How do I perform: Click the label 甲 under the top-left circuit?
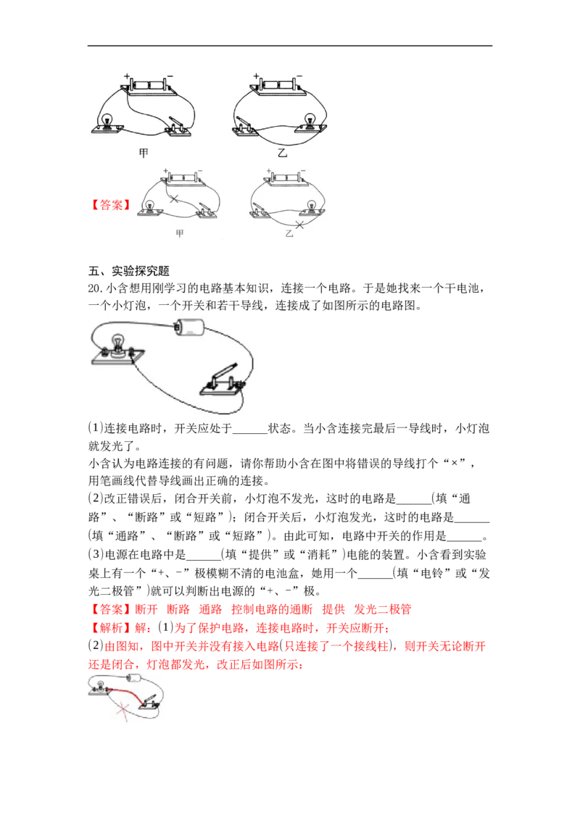[x=144, y=153]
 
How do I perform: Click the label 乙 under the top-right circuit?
[x=283, y=153]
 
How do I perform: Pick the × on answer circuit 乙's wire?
[x=299, y=225]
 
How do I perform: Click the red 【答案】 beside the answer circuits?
[x=110, y=204]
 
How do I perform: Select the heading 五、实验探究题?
[x=129, y=271]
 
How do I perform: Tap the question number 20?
[x=95, y=288]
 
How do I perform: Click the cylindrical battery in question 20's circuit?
[x=188, y=327]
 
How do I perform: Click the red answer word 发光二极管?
[x=383, y=609]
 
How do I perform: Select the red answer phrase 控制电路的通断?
[x=272, y=609]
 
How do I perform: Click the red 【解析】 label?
[x=110, y=627]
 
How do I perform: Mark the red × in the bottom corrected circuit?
[x=123, y=711]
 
